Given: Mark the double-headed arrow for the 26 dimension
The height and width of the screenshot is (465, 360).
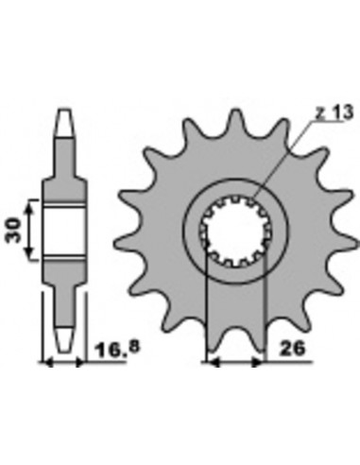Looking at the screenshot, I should click(x=234, y=361).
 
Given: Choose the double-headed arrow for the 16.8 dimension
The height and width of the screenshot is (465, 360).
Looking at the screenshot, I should click(x=62, y=361).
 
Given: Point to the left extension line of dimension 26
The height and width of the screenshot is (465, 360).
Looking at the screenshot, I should click(x=205, y=312).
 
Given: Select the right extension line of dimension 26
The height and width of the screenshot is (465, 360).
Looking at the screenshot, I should click(x=265, y=312).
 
